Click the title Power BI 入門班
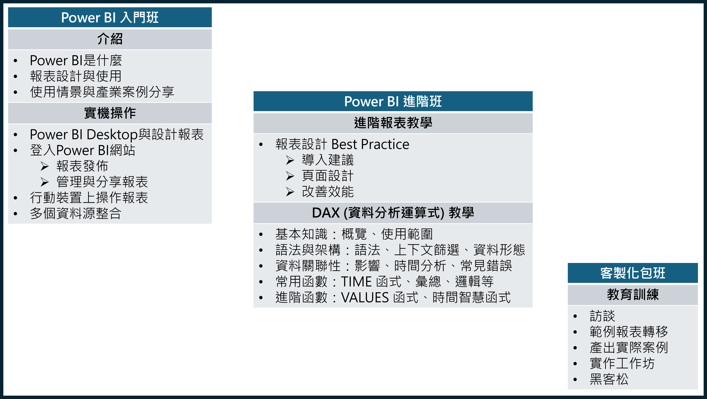coord(110,18)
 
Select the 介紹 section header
coord(110,39)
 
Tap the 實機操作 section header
coord(110,113)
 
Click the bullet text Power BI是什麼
coord(76,60)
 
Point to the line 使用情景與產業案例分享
coord(102,92)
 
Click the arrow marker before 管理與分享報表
coord(44,182)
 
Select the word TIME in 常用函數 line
coord(356,282)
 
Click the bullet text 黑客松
coord(609,379)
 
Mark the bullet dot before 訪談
coord(575,316)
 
